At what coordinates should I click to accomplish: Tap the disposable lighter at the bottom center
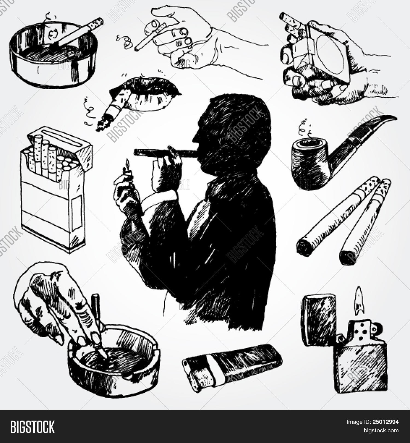[232, 364]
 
